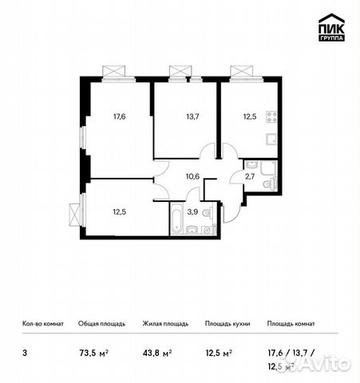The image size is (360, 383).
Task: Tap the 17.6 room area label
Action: pos(121,116)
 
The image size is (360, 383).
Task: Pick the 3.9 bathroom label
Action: pos(192,212)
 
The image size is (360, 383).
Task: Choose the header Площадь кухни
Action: pos(227,324)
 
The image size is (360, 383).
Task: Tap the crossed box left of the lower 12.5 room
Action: pos(75,215)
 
